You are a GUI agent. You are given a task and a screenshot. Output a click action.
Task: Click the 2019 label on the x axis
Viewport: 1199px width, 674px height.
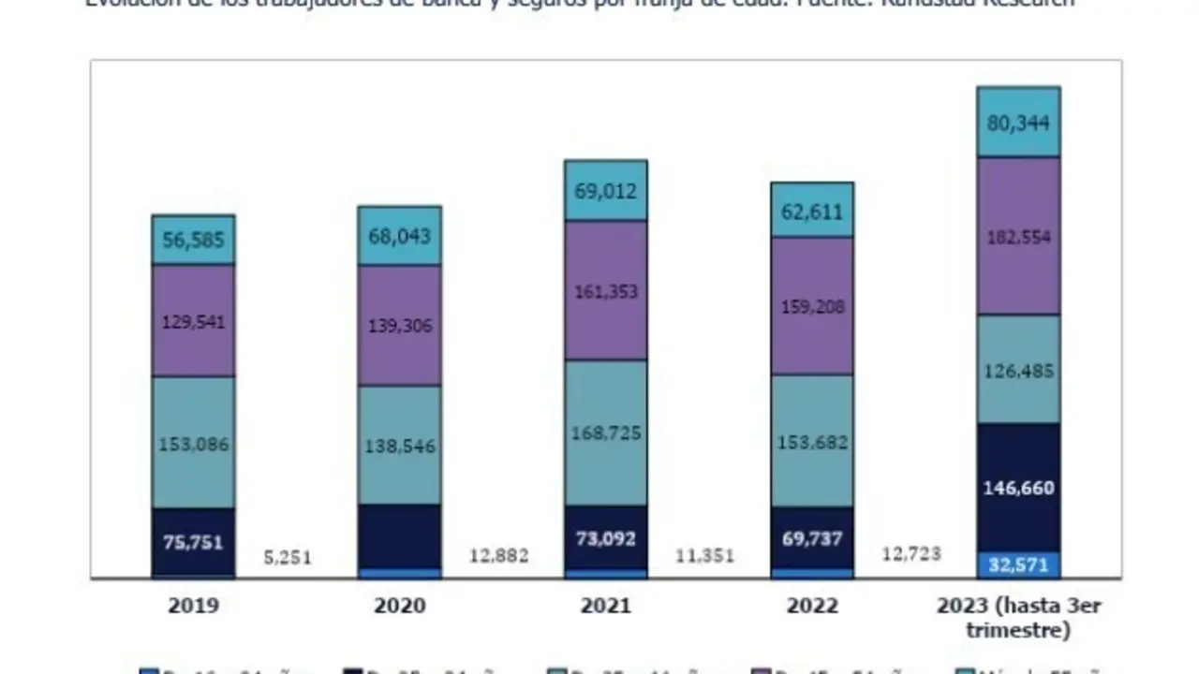(x=193, y=606)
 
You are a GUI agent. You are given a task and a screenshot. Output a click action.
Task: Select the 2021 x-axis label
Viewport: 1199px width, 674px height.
(x=605, y=606)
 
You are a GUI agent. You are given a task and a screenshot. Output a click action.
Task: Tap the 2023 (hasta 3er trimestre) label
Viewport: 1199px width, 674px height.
(x=1018, y=617)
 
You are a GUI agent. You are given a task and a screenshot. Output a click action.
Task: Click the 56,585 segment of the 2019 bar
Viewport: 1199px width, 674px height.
(x=193, y=241)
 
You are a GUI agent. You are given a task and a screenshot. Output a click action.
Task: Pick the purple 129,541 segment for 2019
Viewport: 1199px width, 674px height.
(x=193, y=321)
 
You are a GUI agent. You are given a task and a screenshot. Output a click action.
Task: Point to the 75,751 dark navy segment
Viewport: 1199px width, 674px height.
(x=193, y=542)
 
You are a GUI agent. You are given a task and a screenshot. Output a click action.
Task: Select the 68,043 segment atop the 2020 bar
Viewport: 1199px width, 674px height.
(x=399, y=235)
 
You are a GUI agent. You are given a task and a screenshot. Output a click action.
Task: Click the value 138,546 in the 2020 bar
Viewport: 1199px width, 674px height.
(x=399, y=447)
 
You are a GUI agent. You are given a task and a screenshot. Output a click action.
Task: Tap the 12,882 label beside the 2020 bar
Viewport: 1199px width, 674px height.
(x=498, y=556)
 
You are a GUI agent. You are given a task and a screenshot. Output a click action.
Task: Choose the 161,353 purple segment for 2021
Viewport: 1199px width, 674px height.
(x=605, y=291)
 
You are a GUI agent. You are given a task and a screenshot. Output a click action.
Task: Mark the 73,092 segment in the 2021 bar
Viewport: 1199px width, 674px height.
(x=605, y=538)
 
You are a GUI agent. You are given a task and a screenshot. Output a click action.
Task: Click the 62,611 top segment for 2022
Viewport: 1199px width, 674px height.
(x=812, y=210)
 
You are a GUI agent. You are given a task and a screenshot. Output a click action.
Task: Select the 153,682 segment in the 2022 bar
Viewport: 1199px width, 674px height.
(x=812, y=442)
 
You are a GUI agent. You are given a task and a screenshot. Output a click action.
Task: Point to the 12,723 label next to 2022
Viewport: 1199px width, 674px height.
(x=910, y=554)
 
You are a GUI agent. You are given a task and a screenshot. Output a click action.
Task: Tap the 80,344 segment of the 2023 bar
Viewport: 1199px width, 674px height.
(x=1018, y=123)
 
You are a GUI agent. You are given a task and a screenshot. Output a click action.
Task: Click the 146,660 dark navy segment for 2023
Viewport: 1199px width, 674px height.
(x=1018, y=488)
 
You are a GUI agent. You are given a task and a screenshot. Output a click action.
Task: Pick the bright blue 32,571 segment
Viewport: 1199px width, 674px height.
(x=1018, y=564)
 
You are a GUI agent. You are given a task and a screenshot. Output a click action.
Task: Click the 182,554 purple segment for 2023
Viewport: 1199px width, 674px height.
(x=1018, y=237)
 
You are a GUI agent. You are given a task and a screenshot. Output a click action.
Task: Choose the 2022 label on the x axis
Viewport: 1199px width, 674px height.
(x=812, y=606)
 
